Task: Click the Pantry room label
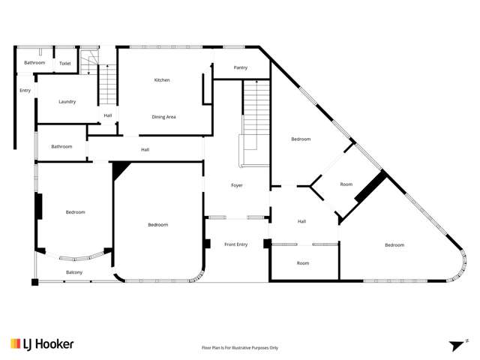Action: tap(240, 67)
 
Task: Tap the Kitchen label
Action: tap(162, 80)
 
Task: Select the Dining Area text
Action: tap(163, 117)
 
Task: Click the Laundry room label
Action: tap(67, 101)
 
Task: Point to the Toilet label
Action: tap(65, 63)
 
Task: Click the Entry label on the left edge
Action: tap(25, 91)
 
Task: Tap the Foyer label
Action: tap(236, 185)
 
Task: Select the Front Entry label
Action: tap(235, 244)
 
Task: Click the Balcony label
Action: tap(73, 271)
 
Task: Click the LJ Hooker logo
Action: tap(42, 343)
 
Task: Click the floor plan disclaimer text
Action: tap(240, 348)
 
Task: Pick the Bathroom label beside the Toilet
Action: tap(34, 63)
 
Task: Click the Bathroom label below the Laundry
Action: tap(61, 146)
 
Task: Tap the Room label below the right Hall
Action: tap(303, 263)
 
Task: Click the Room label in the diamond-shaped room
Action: tap(346, 184)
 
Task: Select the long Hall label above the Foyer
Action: tap(145, 150)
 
